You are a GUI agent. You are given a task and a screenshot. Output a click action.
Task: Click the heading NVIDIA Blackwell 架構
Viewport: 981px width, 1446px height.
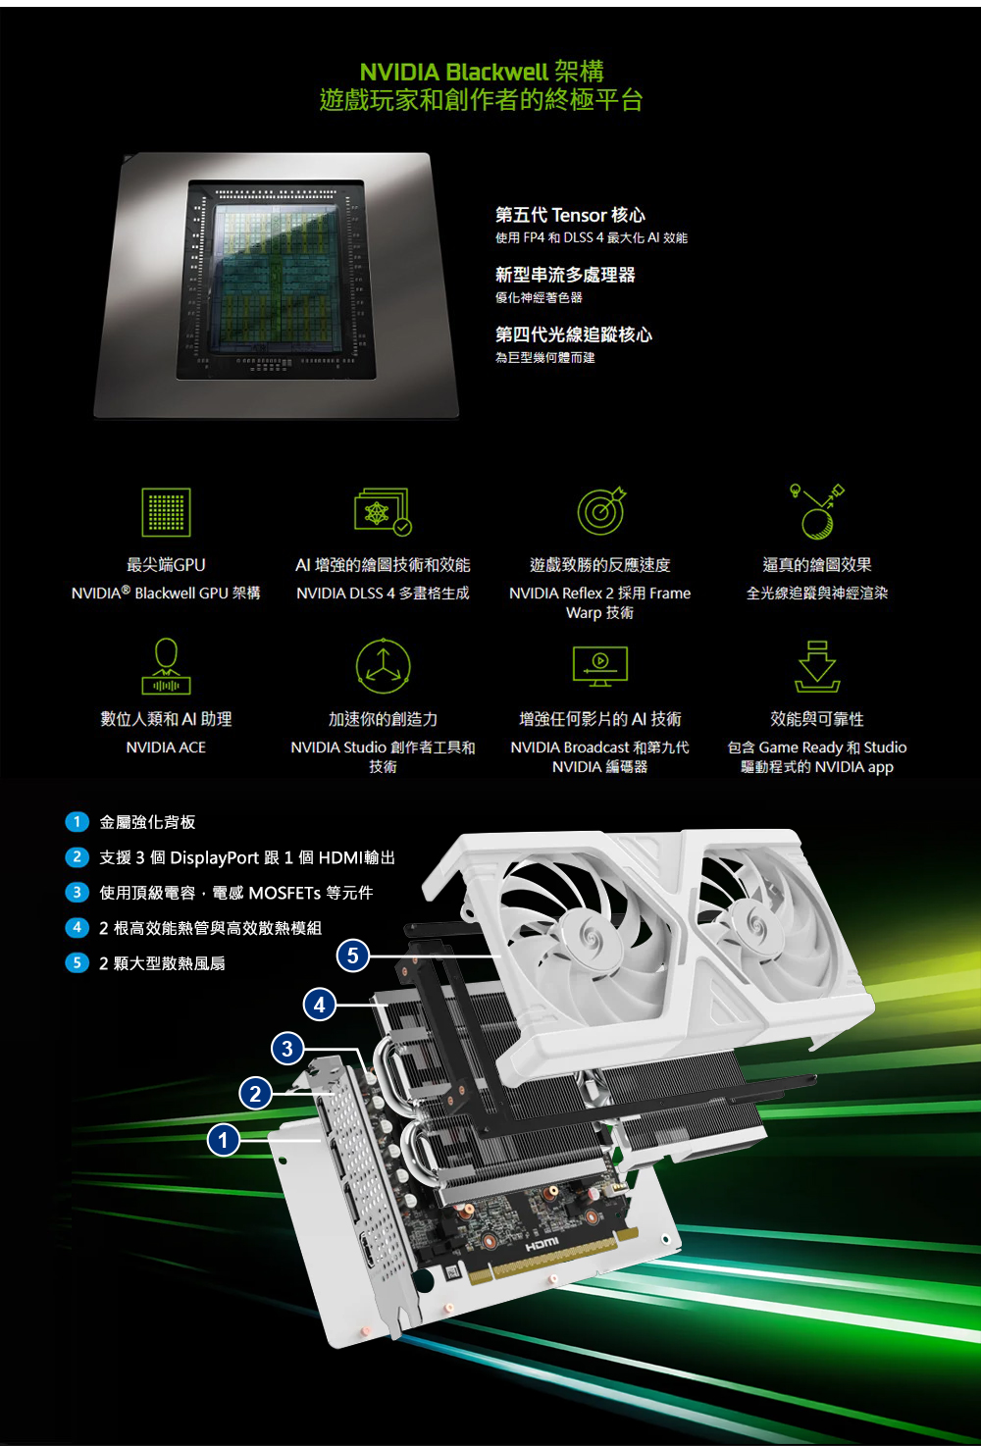[482, 72]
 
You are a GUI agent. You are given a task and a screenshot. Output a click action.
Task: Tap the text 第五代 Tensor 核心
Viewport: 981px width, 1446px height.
[570, 214]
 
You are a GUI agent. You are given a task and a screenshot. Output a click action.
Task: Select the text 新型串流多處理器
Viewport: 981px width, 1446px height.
[565, 275]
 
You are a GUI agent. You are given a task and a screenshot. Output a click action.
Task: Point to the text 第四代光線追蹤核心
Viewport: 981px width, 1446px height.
[573, 335]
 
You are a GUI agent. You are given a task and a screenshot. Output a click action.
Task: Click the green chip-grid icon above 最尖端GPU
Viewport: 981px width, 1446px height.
[166, 512]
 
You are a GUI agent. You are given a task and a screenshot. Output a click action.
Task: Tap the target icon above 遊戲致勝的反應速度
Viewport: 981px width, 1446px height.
[600, 510]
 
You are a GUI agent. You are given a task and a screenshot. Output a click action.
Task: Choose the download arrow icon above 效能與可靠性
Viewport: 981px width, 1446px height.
[817, 665]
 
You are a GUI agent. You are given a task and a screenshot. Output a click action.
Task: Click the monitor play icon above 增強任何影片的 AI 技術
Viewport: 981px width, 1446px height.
[600, 666]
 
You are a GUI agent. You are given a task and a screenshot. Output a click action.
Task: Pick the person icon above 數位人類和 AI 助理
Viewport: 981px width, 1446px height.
[166, 665]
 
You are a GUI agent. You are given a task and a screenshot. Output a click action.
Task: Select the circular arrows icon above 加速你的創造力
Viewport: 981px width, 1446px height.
[384, 665]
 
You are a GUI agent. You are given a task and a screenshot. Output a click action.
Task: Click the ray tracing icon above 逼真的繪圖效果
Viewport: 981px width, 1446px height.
[817, 511]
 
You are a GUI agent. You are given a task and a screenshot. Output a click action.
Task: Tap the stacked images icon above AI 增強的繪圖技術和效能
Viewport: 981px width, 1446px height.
[383, 511]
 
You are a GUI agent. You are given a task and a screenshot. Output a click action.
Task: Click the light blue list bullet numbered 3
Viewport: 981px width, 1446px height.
[77, 892]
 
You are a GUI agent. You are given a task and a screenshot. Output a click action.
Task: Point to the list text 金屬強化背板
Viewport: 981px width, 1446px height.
[147, 822]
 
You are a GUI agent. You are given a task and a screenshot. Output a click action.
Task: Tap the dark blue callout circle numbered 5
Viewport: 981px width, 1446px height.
[352, 955]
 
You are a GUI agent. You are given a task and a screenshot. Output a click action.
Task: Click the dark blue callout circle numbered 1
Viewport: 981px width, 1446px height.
[224, 1141]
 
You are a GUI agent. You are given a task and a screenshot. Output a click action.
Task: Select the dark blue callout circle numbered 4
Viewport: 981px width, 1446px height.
[320, 1005]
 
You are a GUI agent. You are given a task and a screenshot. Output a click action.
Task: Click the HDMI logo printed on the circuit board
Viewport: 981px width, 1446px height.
[542, 1243]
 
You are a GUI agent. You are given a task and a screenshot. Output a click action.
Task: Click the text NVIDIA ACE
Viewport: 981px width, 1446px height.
[166, 747]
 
